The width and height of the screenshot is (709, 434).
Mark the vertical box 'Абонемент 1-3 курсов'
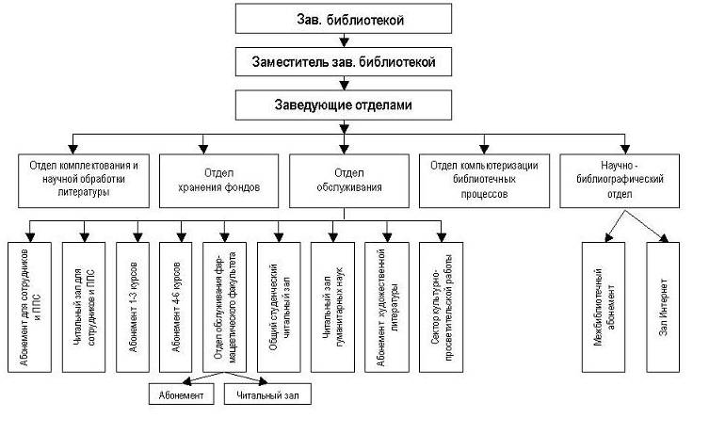pos(135,305)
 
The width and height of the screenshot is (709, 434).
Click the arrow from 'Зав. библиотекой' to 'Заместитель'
pos(346,40)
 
